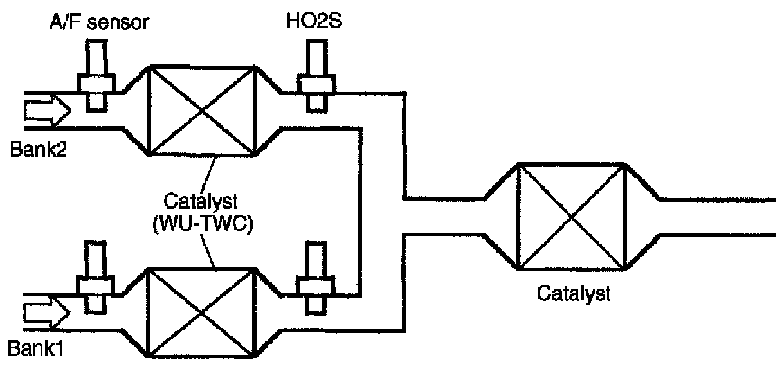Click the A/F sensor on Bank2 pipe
[96, 76]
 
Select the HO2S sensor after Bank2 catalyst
[315, 76]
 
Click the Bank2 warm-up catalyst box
[203, 111]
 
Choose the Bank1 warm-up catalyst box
[203, 313]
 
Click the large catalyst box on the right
[572, 216]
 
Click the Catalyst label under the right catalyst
[572, 295]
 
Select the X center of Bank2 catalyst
[203, 111]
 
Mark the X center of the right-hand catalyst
[572, 216]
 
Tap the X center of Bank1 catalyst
[203, 313]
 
